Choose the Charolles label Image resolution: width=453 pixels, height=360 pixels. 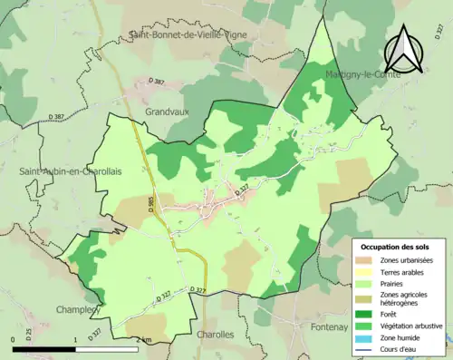[x=214, y=335]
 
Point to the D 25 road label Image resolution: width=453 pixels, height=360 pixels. [x=28, y=334]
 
